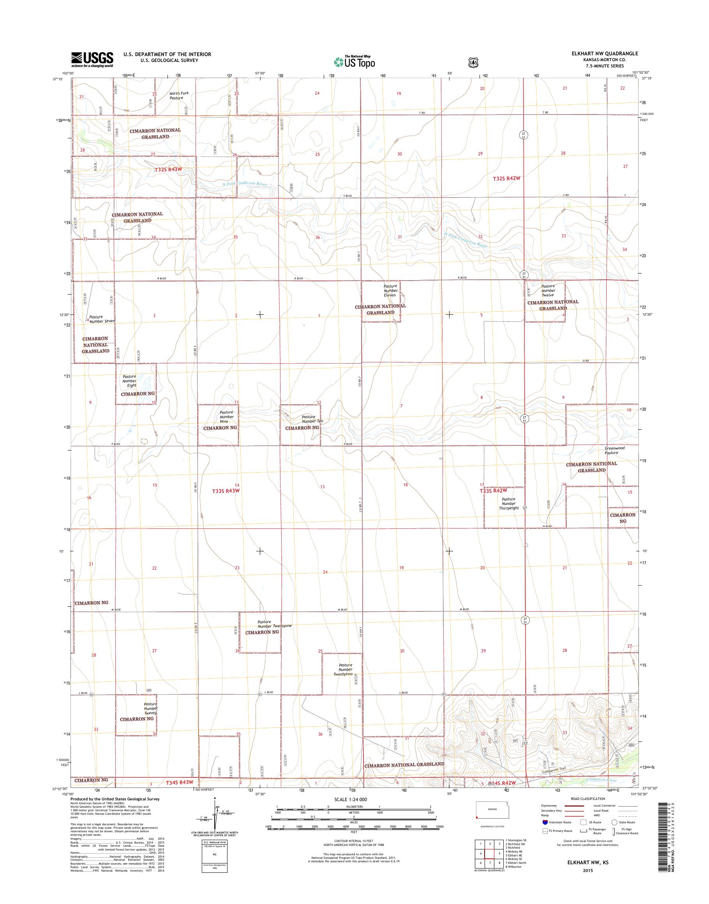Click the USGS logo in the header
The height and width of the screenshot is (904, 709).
pyautogui.click(x=92, y=59)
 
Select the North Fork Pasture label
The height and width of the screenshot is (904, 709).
pyautogui.click(x=178, y=95)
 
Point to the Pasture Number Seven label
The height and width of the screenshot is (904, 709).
pyautogui.click(x=102, y=319)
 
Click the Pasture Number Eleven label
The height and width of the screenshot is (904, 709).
pyautogui.click(x=390, y=290)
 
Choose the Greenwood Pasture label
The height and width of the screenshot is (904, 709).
pyautogui.click(x=614, y=450)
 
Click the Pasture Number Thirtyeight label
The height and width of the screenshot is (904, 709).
pyautogui.click(x=508, y=503)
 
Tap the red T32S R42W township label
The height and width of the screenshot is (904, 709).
pyautogui.click(x=506, y=178)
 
